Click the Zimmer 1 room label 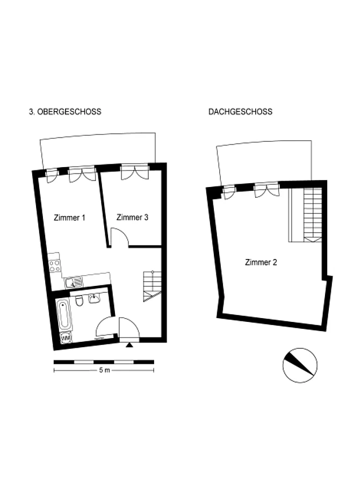pyautogui.click(x=69, y=218)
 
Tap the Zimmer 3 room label pyautogui.click(x=132, y=218)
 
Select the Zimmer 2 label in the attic pyautogui.click(x=261, y=262)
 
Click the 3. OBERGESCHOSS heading pyautogui.click(x=65, y=112)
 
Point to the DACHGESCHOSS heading pyautogui.click(x=240, y=112)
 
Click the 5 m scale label pyautogui.click(x=104, y=370)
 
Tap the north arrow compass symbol pyautogui.click(x=300, y=365)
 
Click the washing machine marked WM pyautogui.click(x=66, y=338)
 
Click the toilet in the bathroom pyautogui.click(x=79, y=300)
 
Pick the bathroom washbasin pyautogui.click(x=94, y=298)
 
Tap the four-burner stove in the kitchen pyautogui.click(x=55, y=266)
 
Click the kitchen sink pyautogui.click(x=74, y=283)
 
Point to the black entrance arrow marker pyautogui.click(x=129, y=344)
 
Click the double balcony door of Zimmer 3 pyautogui.click(x=135, y=172)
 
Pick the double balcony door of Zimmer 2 pyautogui.click(x=266, y=190)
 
